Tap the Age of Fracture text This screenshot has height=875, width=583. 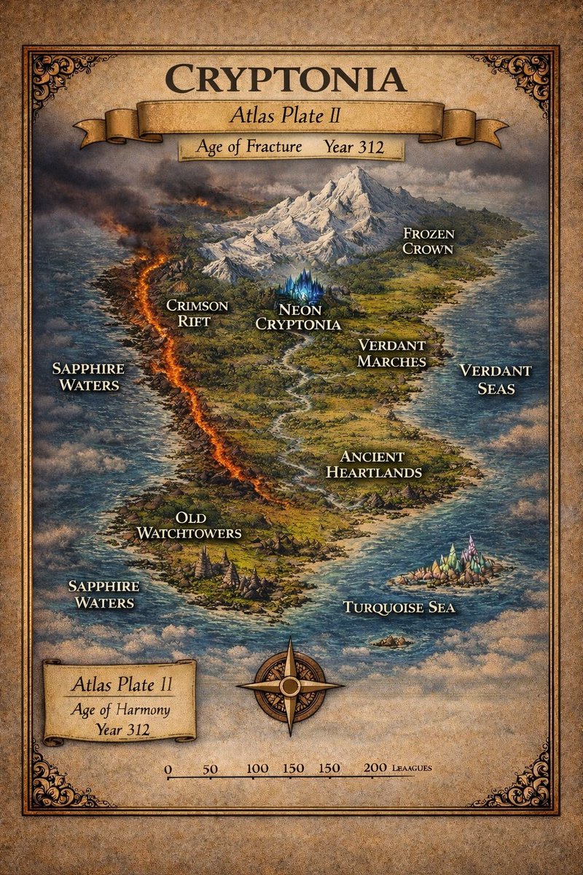coord(249,147)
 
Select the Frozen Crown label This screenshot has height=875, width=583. coord(429,241)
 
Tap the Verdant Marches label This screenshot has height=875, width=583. coord(392,353)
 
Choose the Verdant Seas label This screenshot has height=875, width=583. coord(496,379)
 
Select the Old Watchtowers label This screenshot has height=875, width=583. coord(189,525)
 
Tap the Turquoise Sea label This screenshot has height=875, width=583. coord(399,607)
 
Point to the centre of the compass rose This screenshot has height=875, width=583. coord(290,686)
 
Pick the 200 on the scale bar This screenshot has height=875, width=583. coord(375,769)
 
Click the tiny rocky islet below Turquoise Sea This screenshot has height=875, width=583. coord(391,641)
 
